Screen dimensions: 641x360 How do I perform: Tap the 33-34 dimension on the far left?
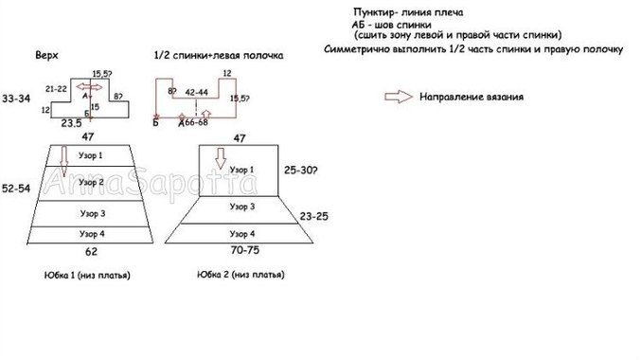[16, 98]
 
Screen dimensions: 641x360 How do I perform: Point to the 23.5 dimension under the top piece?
[71, 123]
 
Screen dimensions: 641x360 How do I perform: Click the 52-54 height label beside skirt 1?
[16, 189]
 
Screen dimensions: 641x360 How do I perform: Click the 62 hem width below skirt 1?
[91, 253]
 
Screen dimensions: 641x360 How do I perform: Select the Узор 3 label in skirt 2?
[239, 206]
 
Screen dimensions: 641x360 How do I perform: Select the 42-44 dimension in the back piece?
[198, 92]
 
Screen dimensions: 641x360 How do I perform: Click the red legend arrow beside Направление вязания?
[400, 96]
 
